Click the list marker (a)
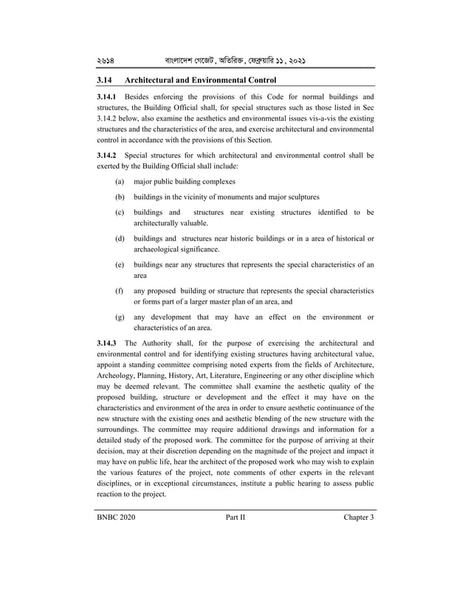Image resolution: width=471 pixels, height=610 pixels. pos(120,181)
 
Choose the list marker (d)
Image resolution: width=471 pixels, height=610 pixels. pos(120,239)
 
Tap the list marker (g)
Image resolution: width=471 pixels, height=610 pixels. pos(120,317)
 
